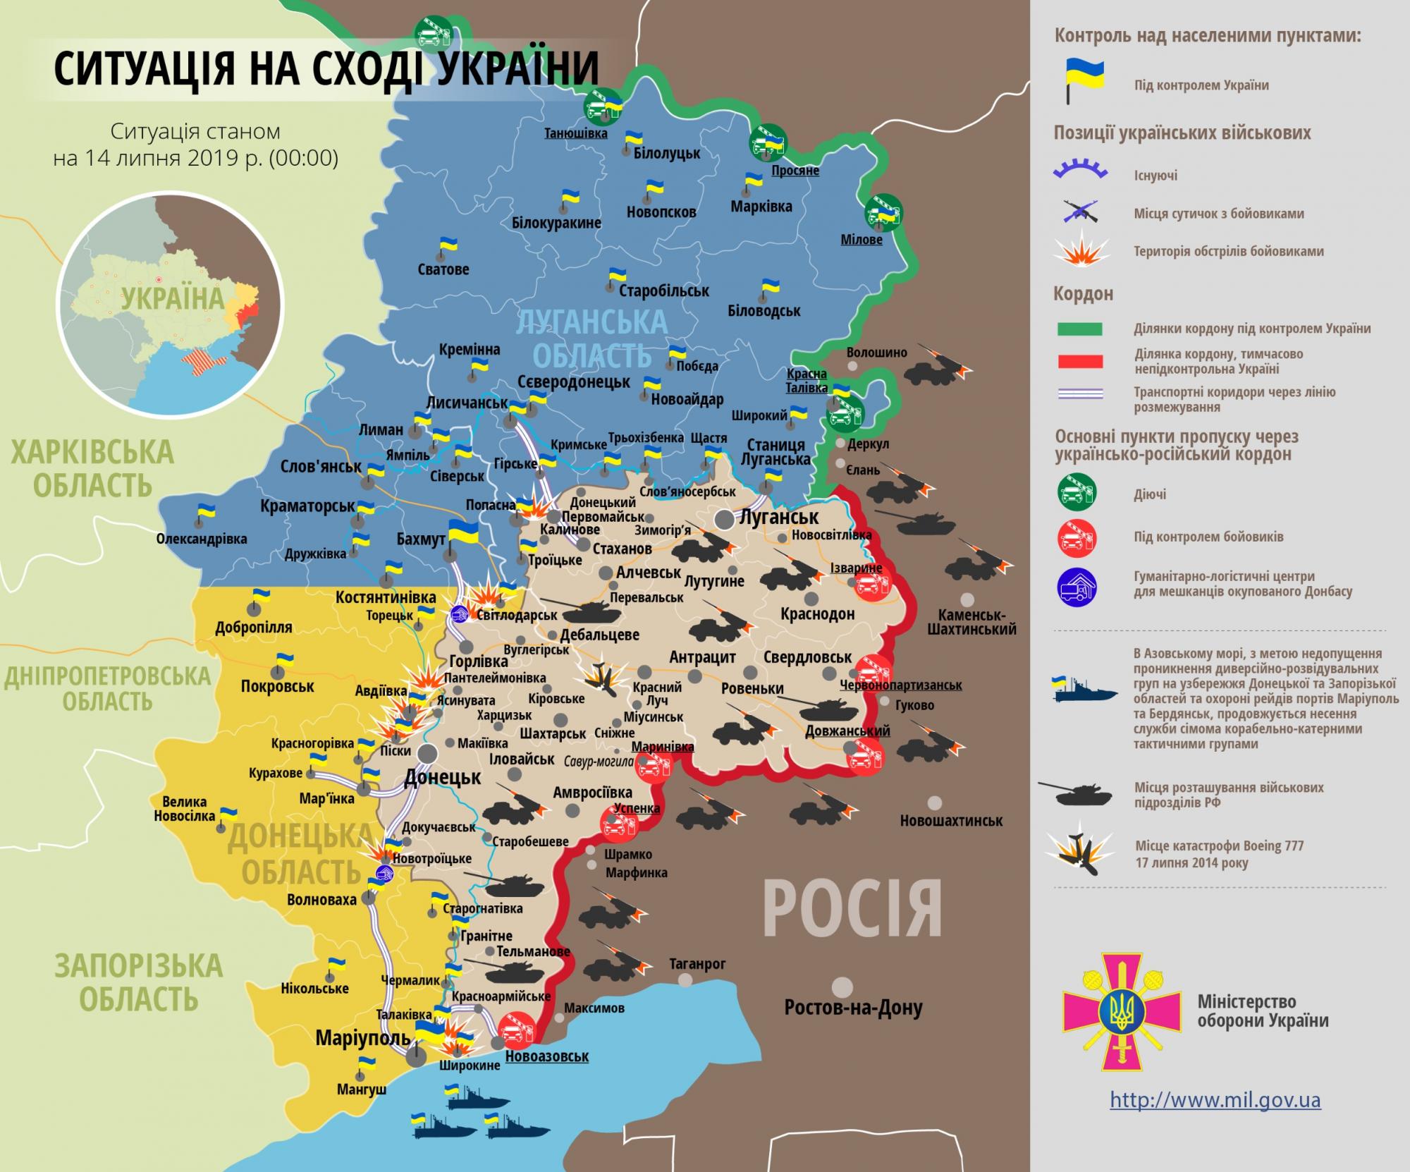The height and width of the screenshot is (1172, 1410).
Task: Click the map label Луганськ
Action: coord(778,517)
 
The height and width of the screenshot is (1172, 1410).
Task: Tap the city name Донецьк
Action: coord(442,778)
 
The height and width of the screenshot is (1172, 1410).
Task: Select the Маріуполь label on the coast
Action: coord(362,1037)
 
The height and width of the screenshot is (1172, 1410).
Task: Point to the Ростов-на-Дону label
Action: coord(853,1008)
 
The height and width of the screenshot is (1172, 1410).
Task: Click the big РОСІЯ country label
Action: coord(852,909)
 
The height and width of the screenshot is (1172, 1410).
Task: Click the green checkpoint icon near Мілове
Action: coord(883,212)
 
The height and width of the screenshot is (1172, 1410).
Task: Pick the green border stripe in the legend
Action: coord(1079,329)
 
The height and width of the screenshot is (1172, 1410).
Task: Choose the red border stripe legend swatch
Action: coord(1079,362)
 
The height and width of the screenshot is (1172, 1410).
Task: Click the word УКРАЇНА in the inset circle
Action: coord(172,298)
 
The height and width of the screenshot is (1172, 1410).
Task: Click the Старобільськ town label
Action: coord(663,291)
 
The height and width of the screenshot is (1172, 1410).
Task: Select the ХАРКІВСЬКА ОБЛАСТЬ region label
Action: coord(92,468)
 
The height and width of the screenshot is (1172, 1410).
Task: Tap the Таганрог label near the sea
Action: coord(697,964)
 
